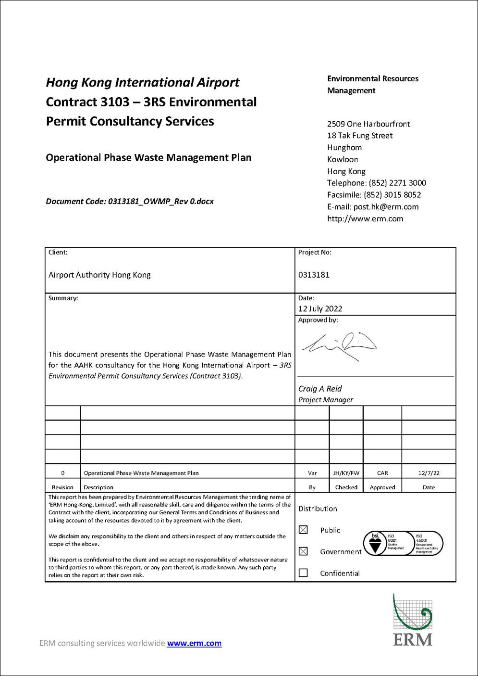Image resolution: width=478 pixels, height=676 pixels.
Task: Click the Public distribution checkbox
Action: [303, 530]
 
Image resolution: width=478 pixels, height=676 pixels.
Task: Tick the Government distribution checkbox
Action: [303, 551]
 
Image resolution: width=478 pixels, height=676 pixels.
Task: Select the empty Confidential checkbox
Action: [303, 573]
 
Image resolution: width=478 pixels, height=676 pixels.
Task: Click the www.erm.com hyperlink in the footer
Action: [194, 643]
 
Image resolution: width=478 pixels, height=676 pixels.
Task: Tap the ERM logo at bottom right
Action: [412, 621]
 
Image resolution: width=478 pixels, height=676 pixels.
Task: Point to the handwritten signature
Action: [339, 345]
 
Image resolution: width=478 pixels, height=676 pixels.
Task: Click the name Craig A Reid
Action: [320, 389]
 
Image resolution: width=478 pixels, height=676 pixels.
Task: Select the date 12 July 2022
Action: [320, 309]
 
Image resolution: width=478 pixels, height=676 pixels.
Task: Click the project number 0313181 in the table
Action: [314, 275]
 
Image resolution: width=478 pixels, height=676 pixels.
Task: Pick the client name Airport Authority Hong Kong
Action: [99, 275]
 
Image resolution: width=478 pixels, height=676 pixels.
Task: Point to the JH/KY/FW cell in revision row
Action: [346, 473]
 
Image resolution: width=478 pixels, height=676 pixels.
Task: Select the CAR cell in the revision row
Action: [382, 473]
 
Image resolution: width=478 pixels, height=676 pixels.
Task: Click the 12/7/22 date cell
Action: [429, 473]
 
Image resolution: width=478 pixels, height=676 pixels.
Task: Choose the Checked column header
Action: [346, 487]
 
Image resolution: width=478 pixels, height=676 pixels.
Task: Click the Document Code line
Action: [130, 202]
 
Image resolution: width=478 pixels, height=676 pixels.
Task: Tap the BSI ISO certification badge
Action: [403, 544]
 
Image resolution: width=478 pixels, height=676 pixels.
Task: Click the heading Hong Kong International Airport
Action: [143, 83]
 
